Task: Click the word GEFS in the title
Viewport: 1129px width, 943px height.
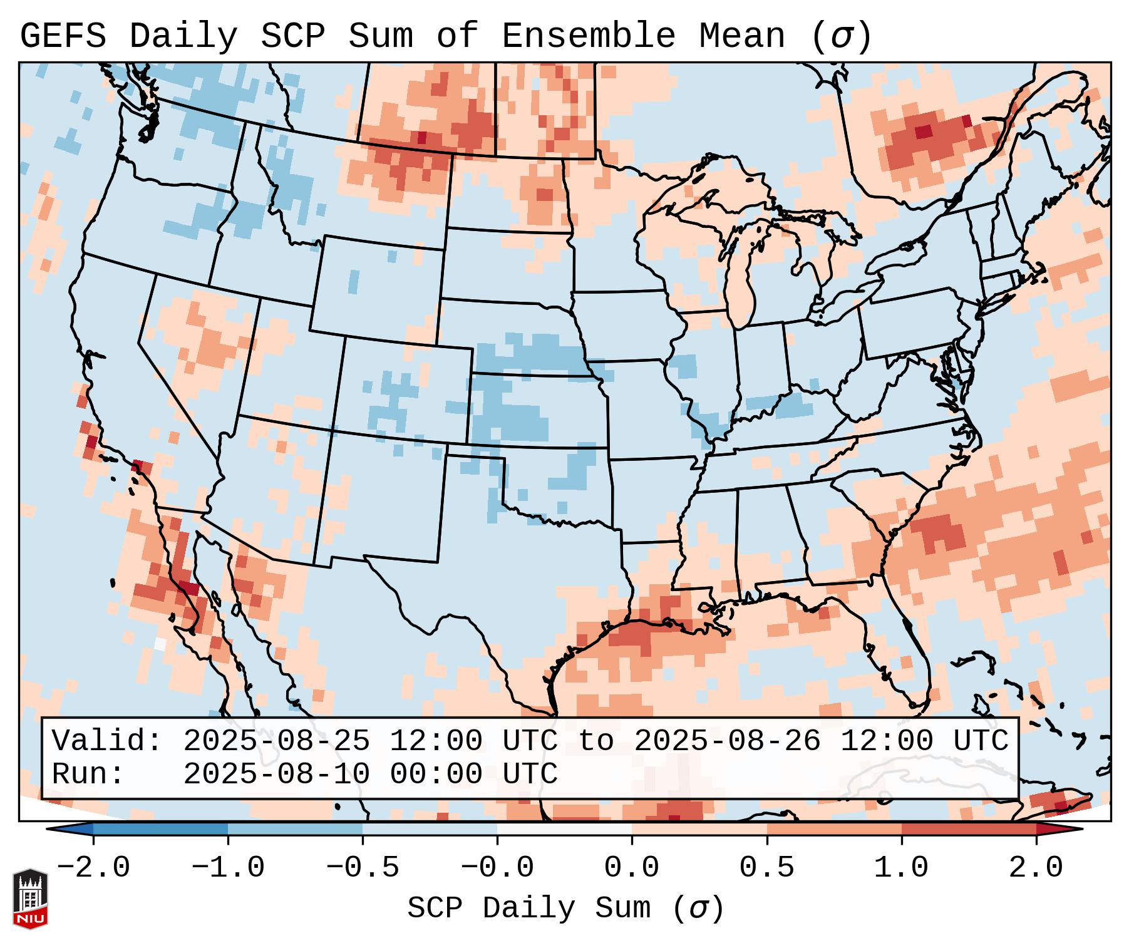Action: point(63,36)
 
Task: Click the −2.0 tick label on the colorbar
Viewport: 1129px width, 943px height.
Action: point(93,868)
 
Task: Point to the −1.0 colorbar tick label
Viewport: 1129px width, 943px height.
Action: point(228,868)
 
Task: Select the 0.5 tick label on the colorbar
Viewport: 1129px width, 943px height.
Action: point(766,868)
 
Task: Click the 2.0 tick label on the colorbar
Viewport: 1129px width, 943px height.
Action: point(1036,868)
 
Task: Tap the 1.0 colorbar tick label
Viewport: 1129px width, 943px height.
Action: point(901,868)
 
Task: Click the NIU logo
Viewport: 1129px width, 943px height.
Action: point(30,899)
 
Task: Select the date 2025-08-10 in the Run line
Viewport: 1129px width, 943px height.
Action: point(276,774)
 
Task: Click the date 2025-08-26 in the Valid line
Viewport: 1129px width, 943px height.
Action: point(727,741)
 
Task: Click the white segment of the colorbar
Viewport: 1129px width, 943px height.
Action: point(564,829)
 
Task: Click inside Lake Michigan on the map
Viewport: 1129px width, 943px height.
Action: point(741,276)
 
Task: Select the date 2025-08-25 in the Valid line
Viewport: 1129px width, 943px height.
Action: point(276,741)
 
